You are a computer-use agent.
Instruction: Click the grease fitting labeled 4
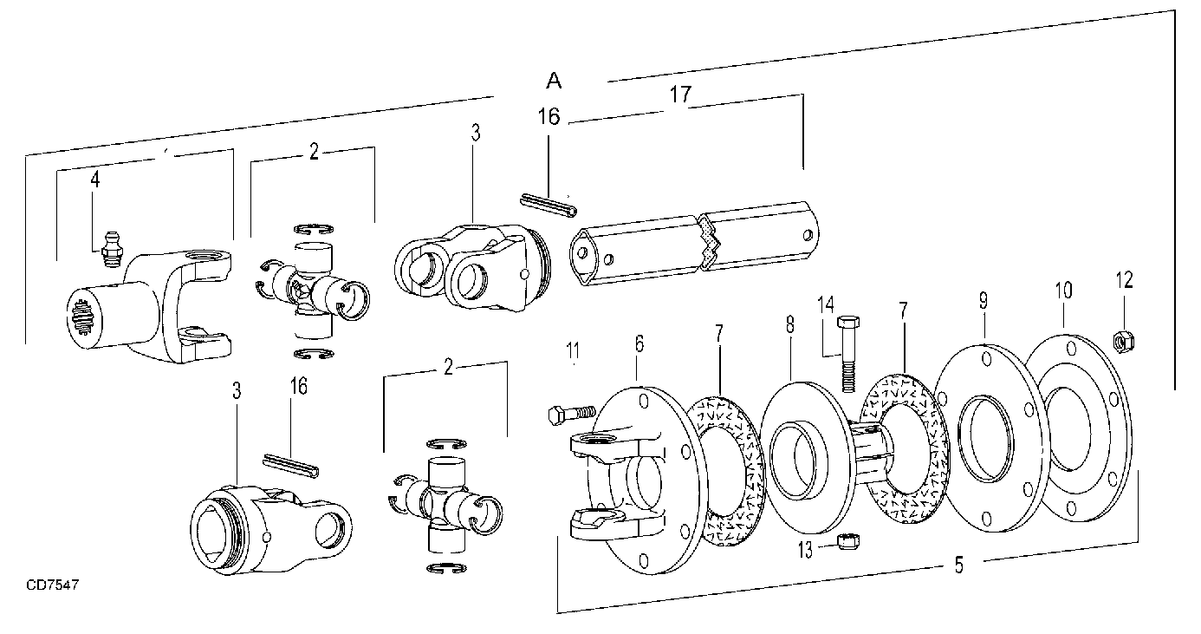point(110,250)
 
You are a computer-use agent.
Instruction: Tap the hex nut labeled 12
point(1124,342)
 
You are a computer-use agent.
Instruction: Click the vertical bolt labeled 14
point(847,354)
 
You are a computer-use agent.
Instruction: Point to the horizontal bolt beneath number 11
point(572,414)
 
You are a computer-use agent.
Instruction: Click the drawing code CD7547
point(53,585)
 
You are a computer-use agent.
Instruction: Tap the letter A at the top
point(554,81)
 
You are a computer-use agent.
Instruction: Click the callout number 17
point(680,95)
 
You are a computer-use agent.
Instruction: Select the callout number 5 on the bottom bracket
point(958,565)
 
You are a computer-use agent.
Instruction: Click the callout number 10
point(1064,291)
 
